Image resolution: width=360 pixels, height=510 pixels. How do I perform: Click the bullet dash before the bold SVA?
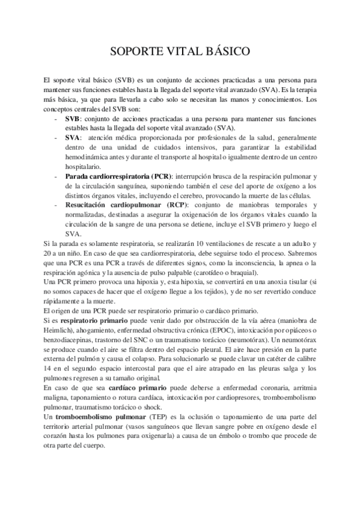point(56,137)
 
